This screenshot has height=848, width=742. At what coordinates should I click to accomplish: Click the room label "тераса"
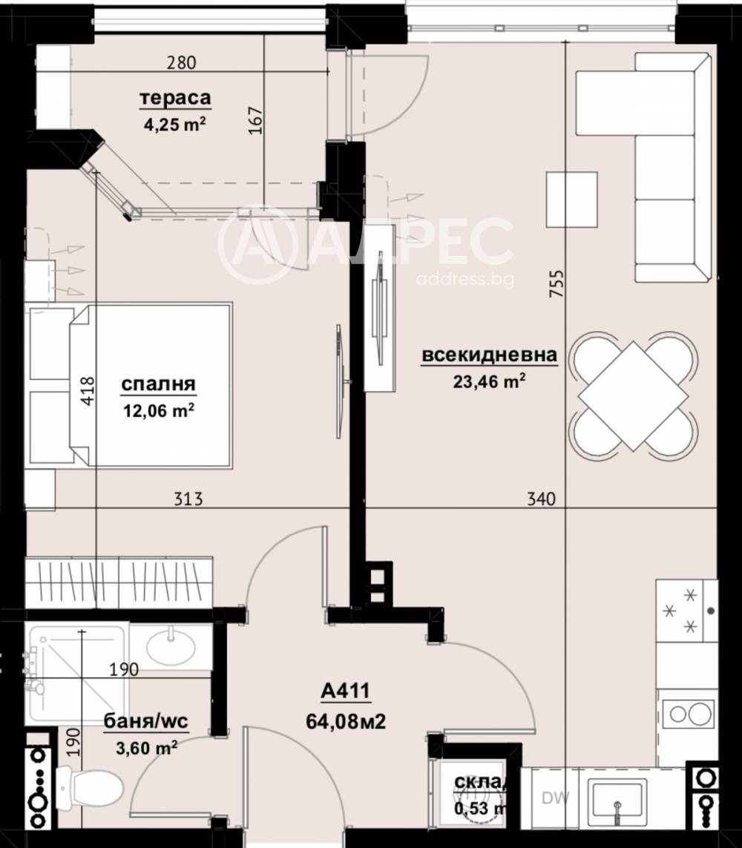pyautogui.click(x=176, y=98)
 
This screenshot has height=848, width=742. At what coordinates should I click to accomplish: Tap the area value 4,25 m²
pyautogui.click(x=175, y=124)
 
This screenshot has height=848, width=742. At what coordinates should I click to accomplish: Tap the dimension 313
pyautogui.click(x=189, y=499)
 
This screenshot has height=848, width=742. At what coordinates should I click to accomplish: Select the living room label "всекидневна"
pyautogui.click(x=489, y=356)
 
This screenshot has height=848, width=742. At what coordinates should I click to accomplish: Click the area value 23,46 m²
pyautogui.click(x=490, y=381)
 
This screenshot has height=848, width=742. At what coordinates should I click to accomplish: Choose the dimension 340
pyautogui.click(x=541, y=499)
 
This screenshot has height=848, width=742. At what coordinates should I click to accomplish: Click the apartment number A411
pyautogui.click(x=346, y=693)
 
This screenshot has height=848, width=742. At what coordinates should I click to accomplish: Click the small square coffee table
pyautogui.click(x=571, y=198)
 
